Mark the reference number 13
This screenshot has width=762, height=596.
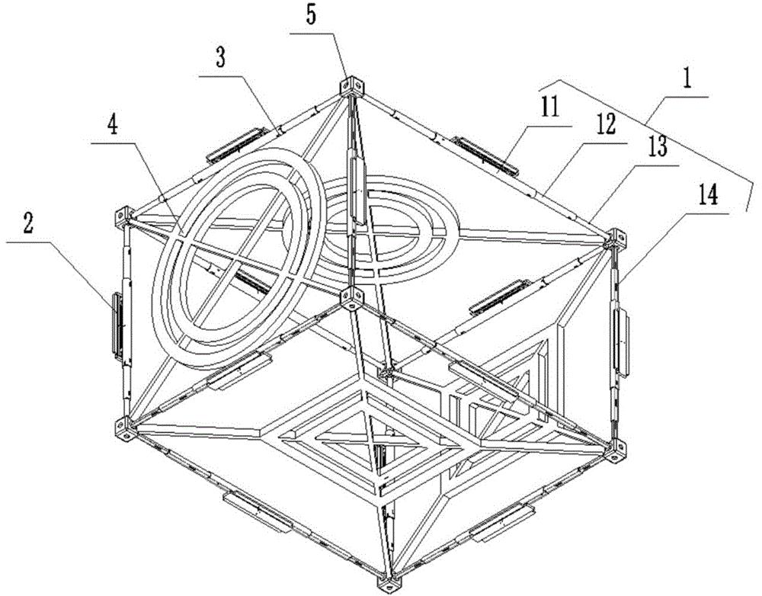coord(656,148)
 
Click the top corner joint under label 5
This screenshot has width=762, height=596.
coord(351,85)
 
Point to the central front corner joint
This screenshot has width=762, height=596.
coord(351,295)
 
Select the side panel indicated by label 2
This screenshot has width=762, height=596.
coord(116,324)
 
